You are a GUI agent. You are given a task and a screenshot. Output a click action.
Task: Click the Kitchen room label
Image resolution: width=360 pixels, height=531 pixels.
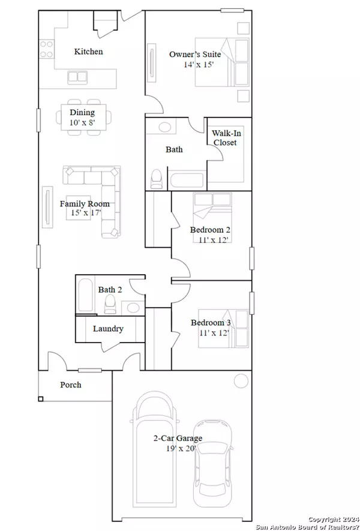coord(88,52)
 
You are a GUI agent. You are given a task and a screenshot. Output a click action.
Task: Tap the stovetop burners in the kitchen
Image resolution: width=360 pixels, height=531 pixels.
coord(46,49)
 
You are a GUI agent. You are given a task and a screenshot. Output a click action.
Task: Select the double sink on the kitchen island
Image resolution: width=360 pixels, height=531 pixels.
coord(77,77)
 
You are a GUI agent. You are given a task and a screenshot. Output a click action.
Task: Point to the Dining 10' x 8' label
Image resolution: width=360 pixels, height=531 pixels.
coord(82,117)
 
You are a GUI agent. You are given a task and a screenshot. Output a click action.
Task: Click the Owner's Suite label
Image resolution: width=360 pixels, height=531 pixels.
coord(195,54)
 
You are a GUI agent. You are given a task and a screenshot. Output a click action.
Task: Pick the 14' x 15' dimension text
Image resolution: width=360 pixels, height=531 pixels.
coord(199,64)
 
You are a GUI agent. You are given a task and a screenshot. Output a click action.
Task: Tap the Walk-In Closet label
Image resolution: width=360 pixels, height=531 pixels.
coord(226,137)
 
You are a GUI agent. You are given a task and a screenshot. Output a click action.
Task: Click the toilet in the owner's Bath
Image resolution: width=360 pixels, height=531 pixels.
coord(157,179)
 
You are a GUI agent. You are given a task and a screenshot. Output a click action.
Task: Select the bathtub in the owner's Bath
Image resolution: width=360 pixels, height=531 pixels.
coord(187,180)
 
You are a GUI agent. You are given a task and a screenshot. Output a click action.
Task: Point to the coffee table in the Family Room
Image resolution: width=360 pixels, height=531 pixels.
coord(78,208)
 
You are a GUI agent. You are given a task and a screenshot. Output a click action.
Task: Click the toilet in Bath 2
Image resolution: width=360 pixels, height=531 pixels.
coord(110,304)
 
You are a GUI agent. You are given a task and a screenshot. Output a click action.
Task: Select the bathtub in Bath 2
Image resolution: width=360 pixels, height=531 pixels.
coord(85,295)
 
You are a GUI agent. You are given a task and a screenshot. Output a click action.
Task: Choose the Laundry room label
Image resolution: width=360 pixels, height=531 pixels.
coord(108,328)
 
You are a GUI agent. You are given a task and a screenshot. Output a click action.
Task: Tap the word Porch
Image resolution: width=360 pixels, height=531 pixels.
coord(71,385)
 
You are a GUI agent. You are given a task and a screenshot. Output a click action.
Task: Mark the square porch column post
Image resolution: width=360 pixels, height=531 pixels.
coord(41,399)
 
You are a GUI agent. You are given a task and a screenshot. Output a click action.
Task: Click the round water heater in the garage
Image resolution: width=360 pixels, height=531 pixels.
coord(241,380)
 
